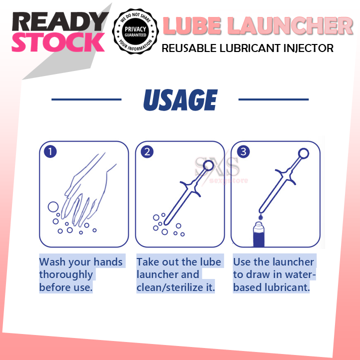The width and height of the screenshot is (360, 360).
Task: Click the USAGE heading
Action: tap(180, 100)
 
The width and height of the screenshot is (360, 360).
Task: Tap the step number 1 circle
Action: tap(49, 151)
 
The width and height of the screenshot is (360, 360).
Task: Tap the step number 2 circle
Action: tap(146, 151)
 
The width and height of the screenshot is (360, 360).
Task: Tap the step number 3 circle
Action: tap(243, 151)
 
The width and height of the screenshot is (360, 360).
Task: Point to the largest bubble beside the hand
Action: tap(52, 206)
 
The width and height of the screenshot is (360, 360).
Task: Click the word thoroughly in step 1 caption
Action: tap(66, 274)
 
